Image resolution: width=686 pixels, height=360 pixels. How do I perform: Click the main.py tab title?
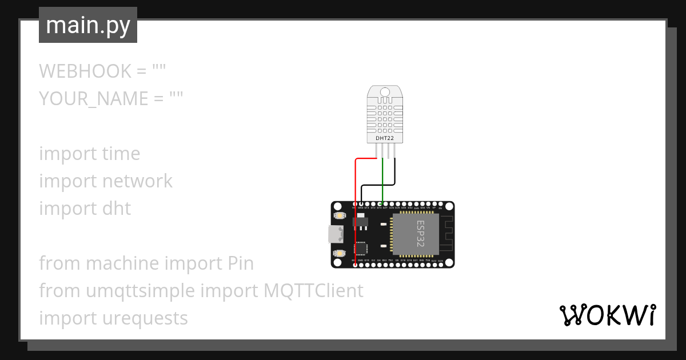88,25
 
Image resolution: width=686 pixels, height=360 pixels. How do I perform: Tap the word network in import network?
137,181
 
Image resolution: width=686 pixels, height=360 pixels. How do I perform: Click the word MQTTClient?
313,291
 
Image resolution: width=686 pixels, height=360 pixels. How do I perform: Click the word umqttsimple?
141,291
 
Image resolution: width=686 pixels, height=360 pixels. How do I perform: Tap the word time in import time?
121,154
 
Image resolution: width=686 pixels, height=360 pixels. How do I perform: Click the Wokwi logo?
607,315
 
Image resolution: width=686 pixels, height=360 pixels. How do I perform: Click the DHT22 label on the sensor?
384,138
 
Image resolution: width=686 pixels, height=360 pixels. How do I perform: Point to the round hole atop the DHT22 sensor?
384,91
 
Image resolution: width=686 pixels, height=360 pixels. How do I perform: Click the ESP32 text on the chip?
420,231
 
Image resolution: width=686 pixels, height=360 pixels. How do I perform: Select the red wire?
356,211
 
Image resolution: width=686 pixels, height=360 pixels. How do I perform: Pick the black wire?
394,171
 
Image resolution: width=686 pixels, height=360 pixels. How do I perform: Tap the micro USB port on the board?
334,234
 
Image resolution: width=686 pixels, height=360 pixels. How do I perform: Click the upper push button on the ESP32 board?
339,216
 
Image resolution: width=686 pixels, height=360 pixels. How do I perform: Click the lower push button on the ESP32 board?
339,253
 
